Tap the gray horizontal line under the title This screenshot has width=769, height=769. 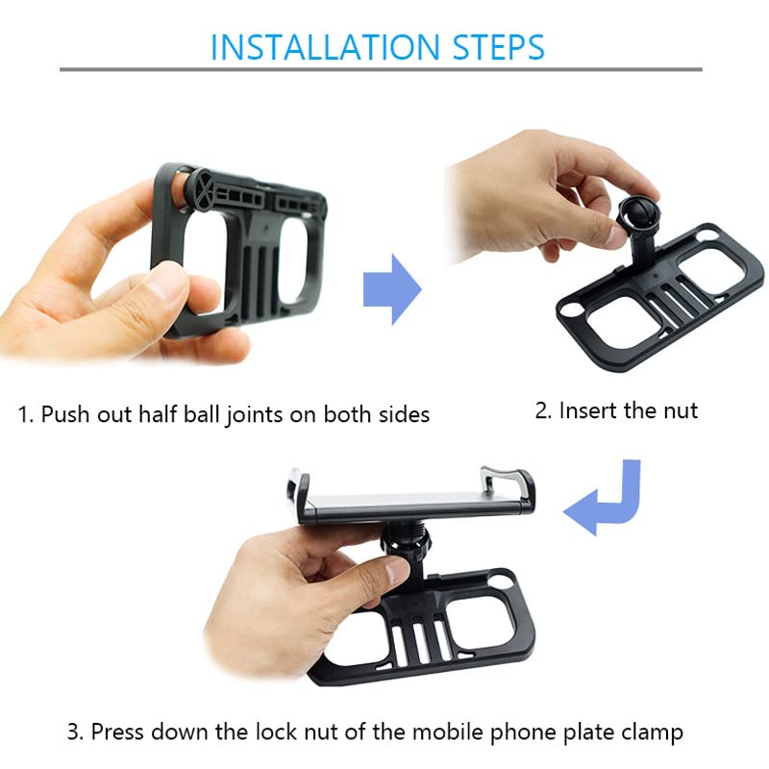pyautogui.click(x=381, y=69)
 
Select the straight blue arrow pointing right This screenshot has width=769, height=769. pyautogui.click(x=392, y=289)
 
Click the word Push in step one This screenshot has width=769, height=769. pyautogui.click(x=62, y=414)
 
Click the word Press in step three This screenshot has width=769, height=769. pyautogui.click(x=119, y=732)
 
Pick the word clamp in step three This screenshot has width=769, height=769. pyautogui.click(x=653, y=732)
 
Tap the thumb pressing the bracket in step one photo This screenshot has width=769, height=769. pyautogui.click(x=159, y=288)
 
